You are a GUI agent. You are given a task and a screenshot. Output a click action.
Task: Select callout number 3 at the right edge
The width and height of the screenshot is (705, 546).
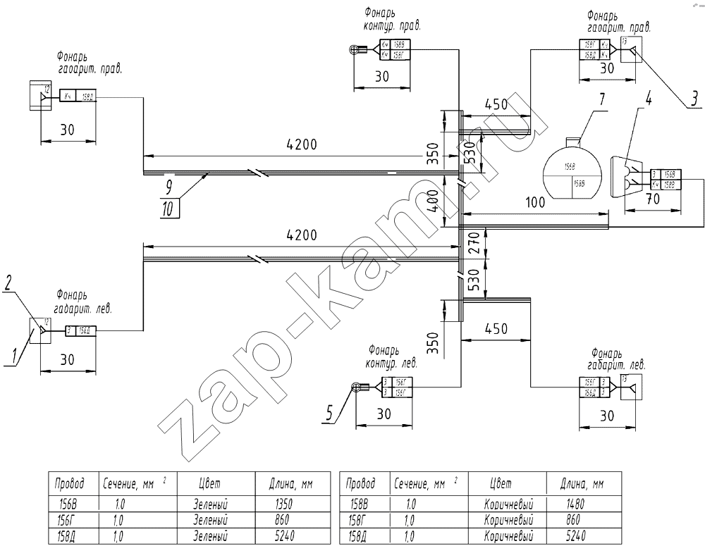click(694, 99)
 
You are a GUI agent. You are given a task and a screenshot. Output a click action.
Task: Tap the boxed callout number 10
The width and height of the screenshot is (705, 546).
click(168, 208)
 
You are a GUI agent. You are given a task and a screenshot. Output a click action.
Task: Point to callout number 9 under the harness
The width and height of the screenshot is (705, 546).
click(168, 187)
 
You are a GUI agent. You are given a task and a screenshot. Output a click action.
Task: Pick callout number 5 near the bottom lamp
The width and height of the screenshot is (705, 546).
click(329, 416)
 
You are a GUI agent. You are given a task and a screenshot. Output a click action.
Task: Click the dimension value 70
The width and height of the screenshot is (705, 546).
click(653, 199)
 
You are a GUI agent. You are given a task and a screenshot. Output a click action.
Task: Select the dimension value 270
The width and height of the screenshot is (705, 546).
click(473, 248)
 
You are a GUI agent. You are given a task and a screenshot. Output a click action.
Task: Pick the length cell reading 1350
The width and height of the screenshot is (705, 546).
click(281, 504)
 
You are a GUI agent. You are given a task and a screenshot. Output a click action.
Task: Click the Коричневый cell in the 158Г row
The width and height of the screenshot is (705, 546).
click(508, 520)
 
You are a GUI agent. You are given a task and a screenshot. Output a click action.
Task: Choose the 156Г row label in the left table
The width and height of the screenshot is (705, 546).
click(69, 520)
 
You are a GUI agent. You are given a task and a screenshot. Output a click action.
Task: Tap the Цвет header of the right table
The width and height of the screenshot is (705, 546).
click(500, 484)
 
